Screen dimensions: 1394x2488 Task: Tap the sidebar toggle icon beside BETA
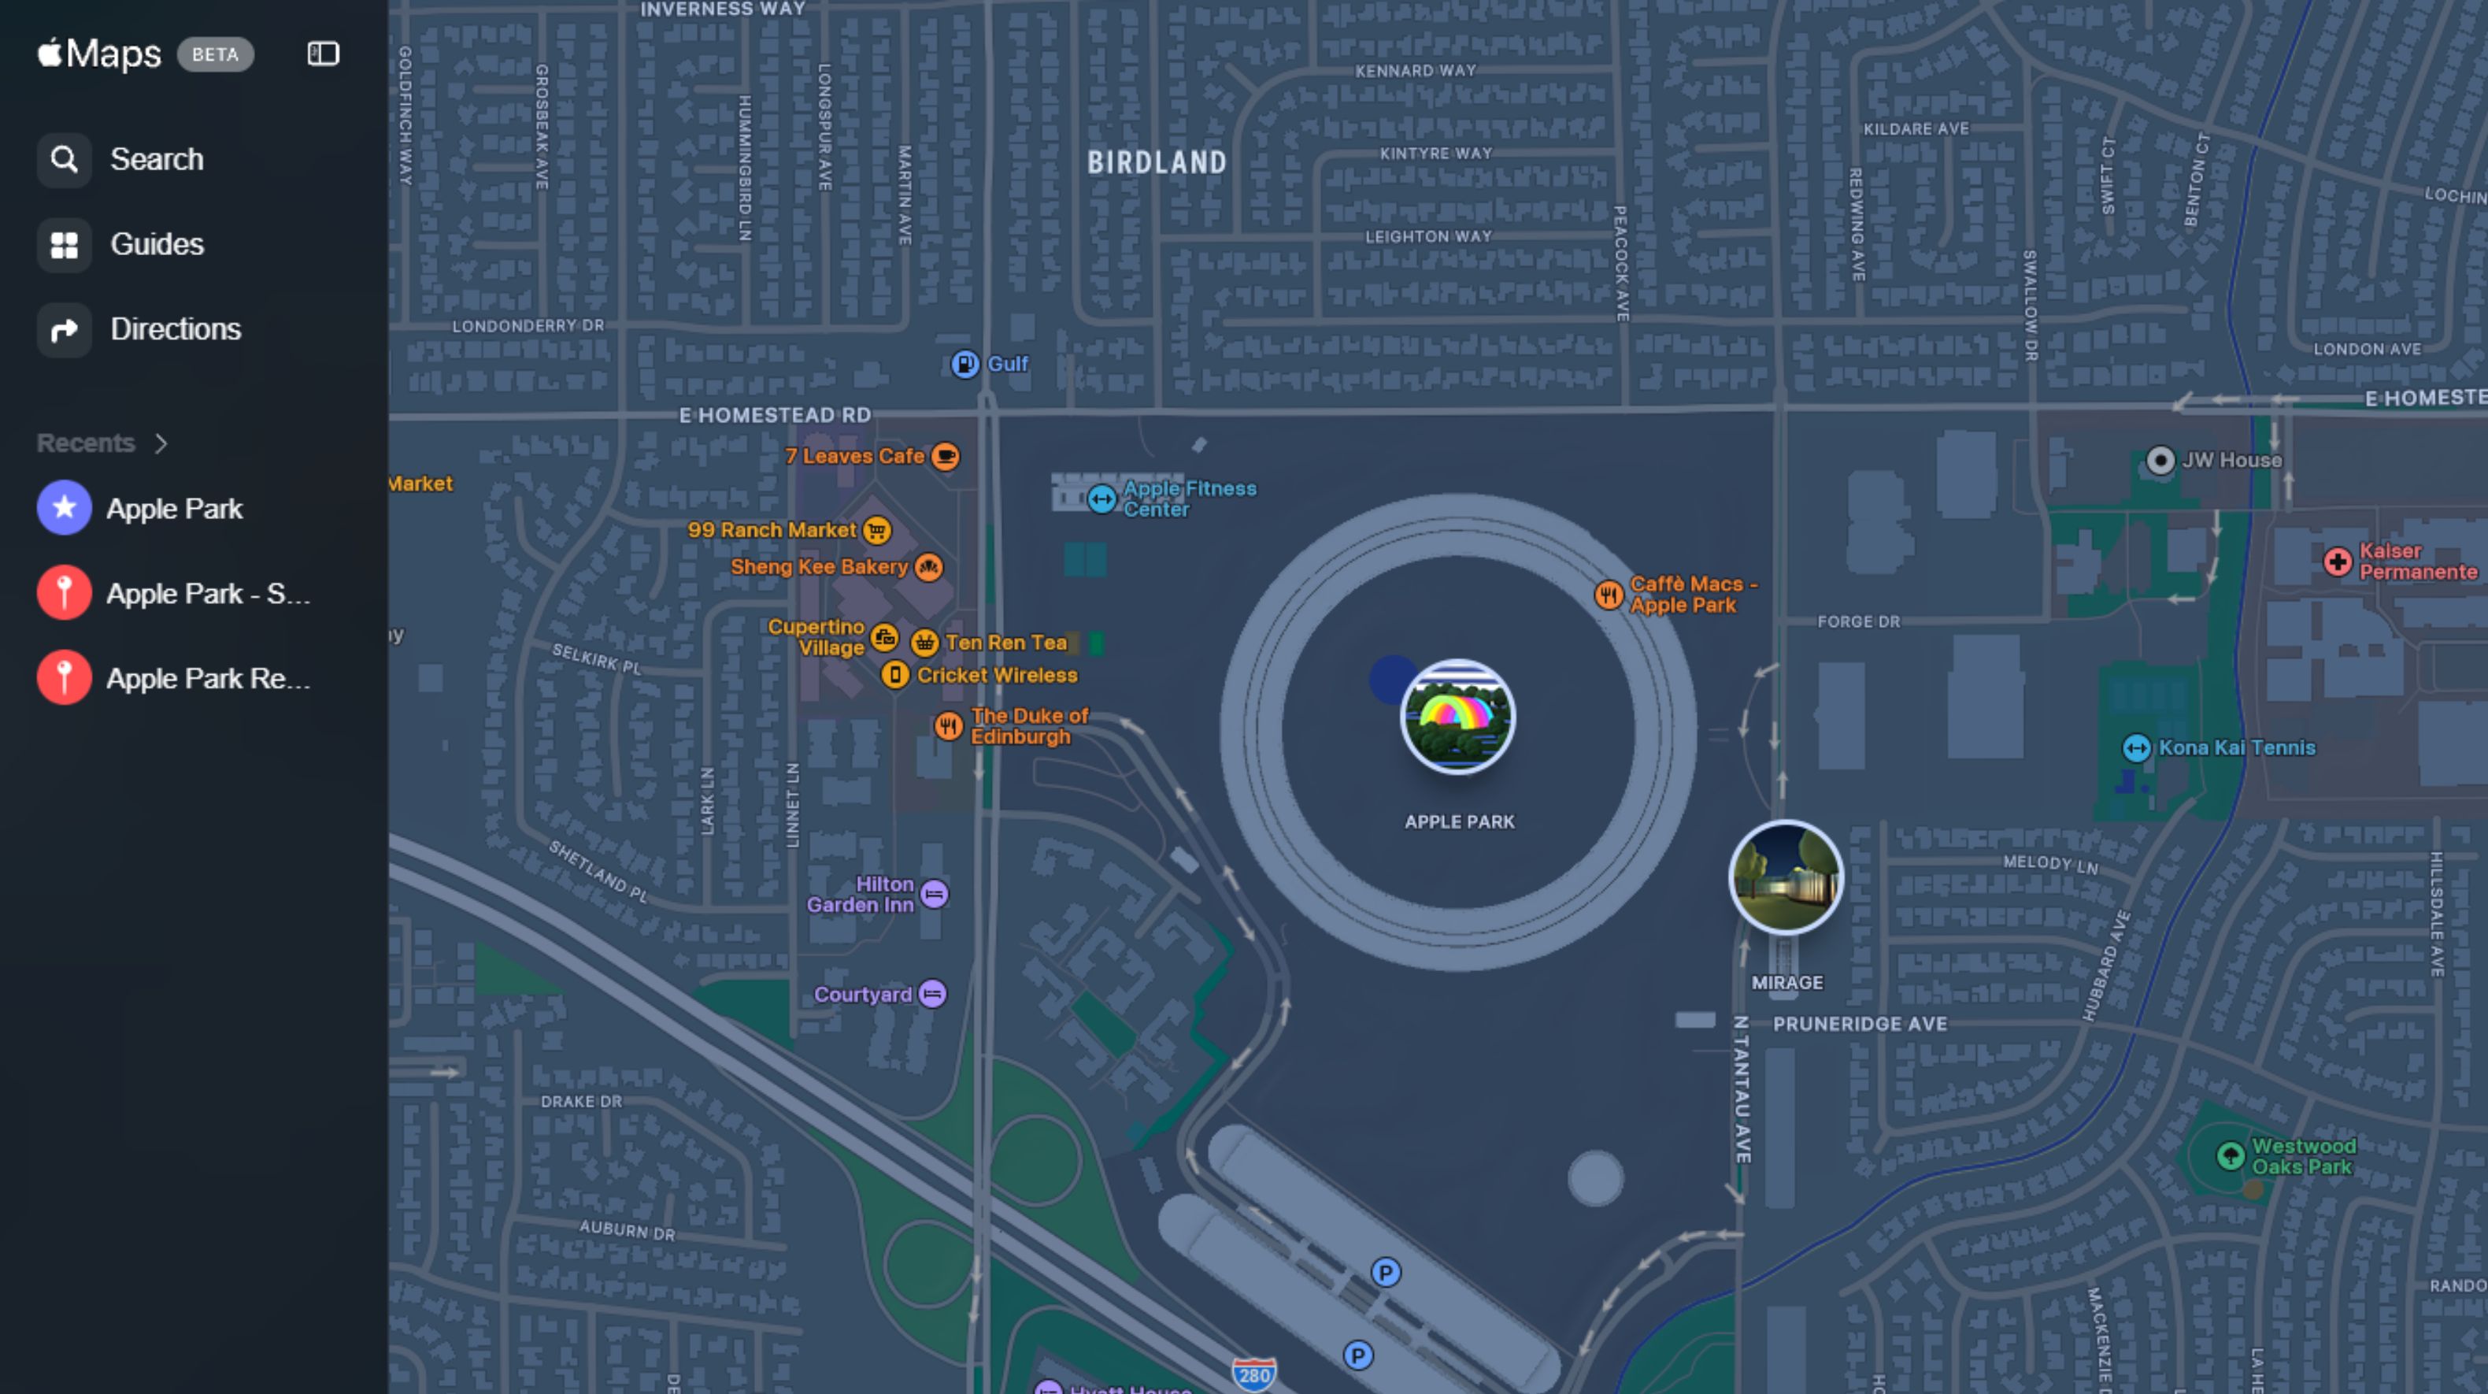point(323,54)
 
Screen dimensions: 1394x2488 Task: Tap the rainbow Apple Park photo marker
point(1457,717)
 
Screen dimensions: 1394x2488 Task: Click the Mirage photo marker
point(1785,877)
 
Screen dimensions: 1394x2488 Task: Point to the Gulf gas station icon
point(964,364)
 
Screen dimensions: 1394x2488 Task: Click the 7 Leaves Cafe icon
point(946,456)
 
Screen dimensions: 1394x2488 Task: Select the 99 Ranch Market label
point(771,530)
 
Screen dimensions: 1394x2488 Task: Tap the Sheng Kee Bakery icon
point(928,567)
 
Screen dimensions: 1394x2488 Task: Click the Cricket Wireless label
point(997,675)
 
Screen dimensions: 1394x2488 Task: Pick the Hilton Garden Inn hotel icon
point(934,895)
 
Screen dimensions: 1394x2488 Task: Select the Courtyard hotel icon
point(932,994)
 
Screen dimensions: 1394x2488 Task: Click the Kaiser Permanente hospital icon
point(2338,562)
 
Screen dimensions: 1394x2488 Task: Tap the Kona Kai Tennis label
point(2236,747)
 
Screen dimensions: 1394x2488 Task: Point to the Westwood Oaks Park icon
point(2230,1155)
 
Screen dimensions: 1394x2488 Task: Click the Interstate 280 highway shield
point(1253,1374)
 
